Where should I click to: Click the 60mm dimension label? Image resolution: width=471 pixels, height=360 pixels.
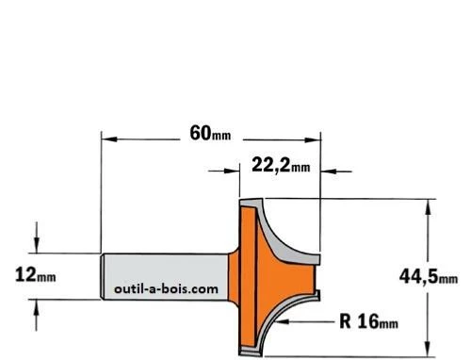coord(210,134)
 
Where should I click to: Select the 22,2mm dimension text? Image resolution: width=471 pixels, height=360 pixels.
coord(281,165)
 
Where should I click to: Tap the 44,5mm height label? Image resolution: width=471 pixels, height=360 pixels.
coord(429,277)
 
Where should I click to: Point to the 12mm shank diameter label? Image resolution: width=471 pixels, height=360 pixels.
coord(36,274)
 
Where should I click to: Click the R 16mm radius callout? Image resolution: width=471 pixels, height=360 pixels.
coord(368,321)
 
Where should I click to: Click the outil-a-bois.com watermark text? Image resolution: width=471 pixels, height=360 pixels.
coord(166,288)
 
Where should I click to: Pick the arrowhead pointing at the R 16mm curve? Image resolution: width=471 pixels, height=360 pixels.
coord(282,321)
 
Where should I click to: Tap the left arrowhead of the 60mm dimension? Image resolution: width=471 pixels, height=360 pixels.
coord(109,139)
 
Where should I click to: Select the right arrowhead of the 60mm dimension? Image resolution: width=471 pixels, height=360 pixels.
coord(312,139)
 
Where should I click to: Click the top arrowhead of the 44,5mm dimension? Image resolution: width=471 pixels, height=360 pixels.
coord(428,206)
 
